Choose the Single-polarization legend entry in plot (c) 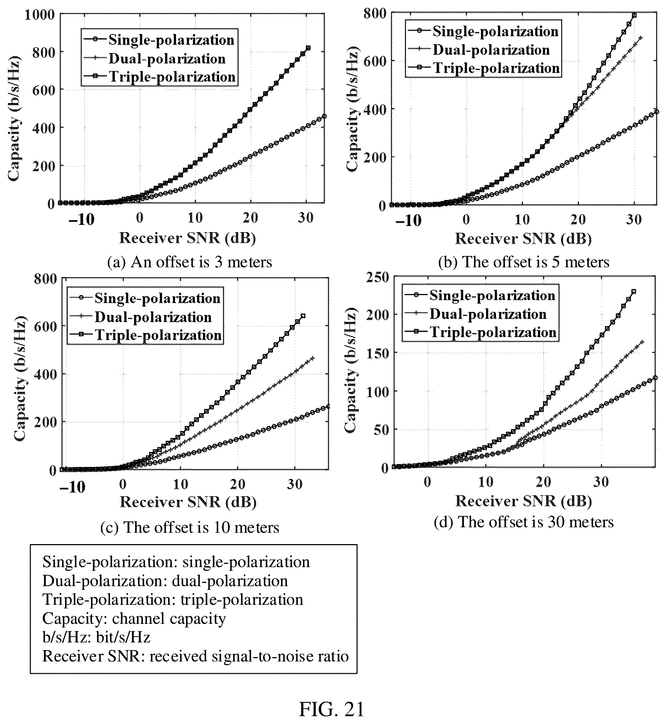pyautogui.click(x=145, y=298)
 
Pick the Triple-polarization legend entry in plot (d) pyautogui.click(x=480, y=332)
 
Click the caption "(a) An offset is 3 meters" pyautogui.click(x=189, y=262)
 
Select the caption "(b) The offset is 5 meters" pyautogui.click(x=524, y=262)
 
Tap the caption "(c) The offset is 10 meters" pyautogui.click(x=190, y=527)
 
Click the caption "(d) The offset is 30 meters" pyautogui.click(x=523, y=522)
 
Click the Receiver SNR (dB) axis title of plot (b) pyautogui.click(x=523, y=239)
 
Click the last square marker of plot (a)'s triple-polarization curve pyautogui.click(x=308, y=48)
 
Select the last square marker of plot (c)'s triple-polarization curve pyautogui.click(x=303, y=316)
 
